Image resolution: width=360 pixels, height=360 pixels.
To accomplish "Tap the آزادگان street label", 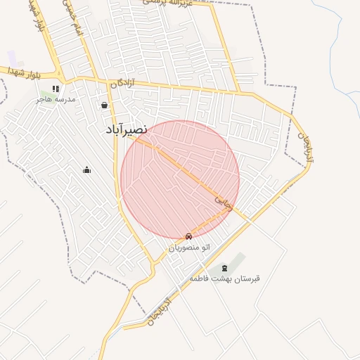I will [x=122, y=84].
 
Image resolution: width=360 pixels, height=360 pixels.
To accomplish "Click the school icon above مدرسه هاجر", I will [x=56, y=89].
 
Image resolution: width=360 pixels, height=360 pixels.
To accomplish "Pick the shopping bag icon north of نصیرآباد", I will [x=105, y=105].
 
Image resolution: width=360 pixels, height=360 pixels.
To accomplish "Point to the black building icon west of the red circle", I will [x=86, y=169].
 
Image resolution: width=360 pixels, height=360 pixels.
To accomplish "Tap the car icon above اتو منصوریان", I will [x=188, y=236].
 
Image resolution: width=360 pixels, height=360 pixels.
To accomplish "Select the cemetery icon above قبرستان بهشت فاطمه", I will [x=224, y=268].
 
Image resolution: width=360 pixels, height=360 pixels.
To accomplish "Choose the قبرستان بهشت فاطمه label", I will [x=224, y=278].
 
